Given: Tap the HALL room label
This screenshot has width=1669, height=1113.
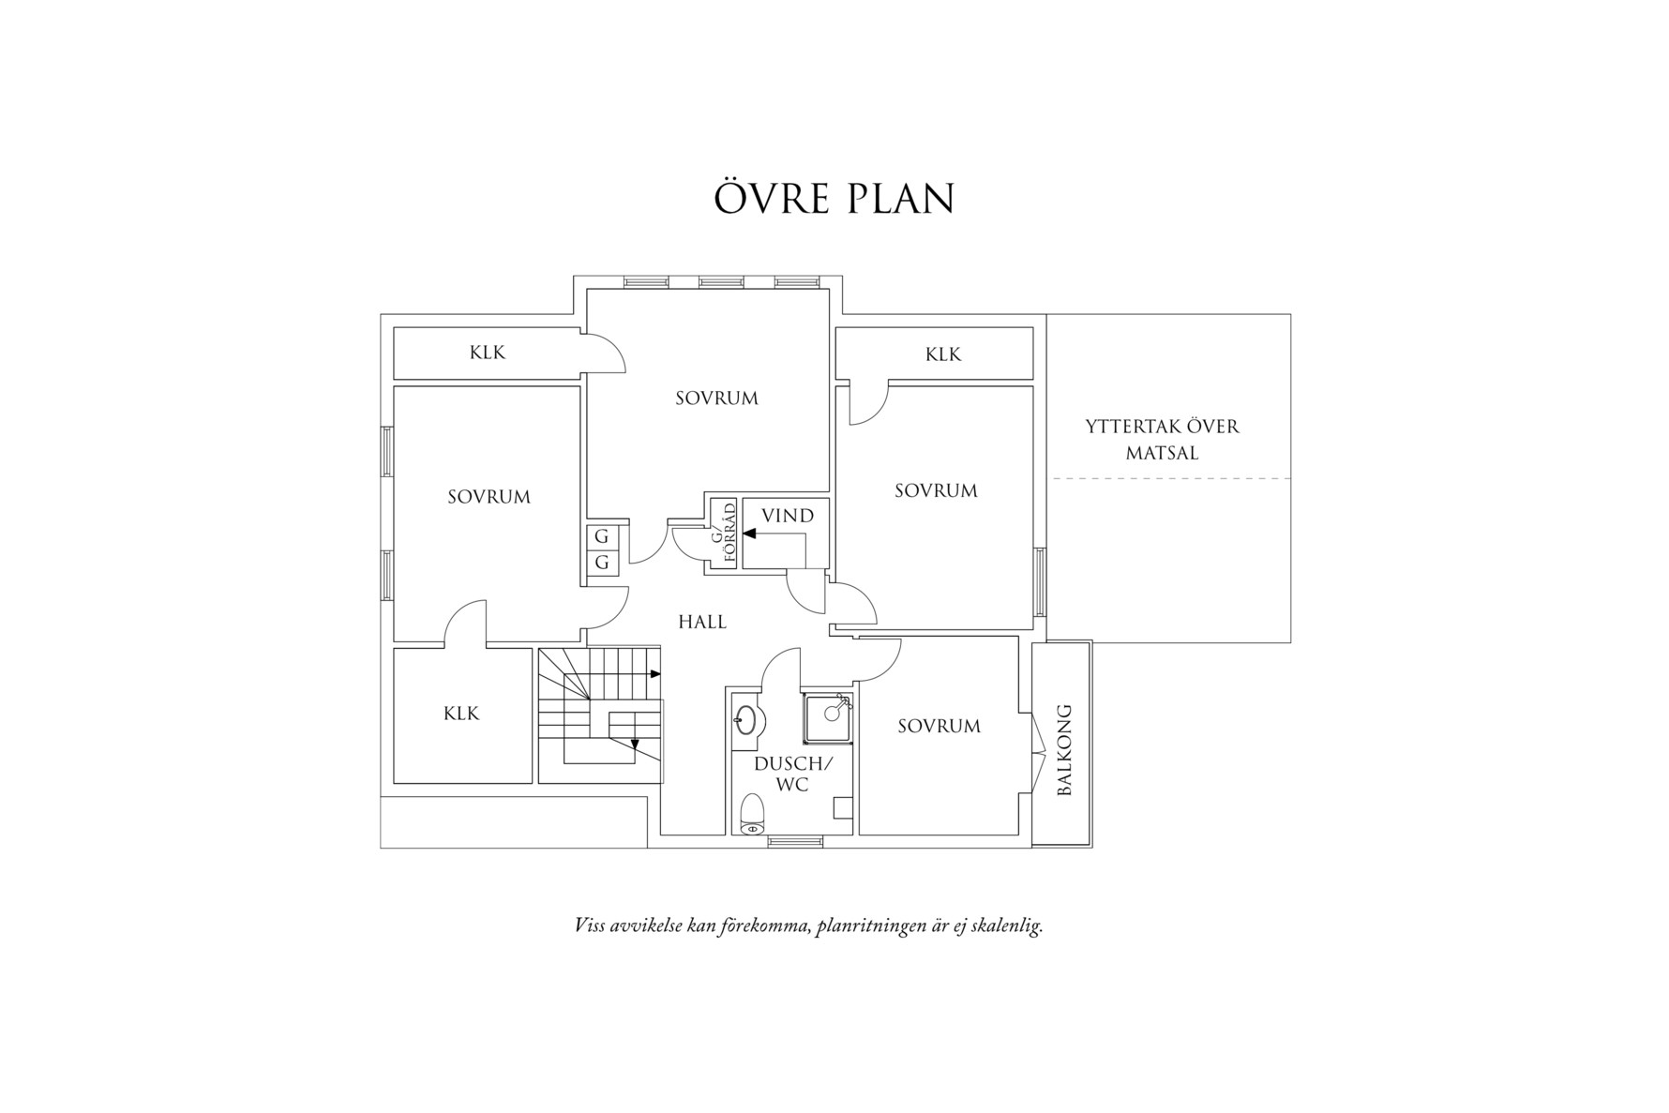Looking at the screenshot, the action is click(x=702, y=622).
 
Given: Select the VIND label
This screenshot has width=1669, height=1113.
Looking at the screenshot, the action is click(x=788, y=516).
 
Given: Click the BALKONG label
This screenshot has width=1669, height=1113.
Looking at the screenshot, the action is click(x=1063, y=750).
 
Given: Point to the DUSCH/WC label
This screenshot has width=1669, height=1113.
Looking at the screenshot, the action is click(x=793, y=775).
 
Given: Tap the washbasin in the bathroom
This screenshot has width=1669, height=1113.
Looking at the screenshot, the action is click(x=748, y=720).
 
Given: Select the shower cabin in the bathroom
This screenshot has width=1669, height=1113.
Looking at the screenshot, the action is click(x=828, y=718).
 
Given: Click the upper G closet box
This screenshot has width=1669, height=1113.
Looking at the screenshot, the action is click(x=602, y=537).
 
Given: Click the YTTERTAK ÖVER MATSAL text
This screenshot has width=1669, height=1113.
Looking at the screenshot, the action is click(x=1163, y=440).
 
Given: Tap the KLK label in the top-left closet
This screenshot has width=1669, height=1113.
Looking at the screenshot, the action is click(x=488, y=353).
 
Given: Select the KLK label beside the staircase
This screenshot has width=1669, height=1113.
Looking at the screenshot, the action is click(x=461, y=714).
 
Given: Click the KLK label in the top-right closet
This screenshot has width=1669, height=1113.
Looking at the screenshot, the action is click(x=943, y=354).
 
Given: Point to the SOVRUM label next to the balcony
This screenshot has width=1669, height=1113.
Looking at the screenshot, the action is click(x=940, y=726).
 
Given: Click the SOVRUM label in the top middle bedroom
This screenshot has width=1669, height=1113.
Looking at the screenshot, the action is click(x=717, y=399).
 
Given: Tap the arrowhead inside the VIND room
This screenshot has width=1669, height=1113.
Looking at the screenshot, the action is click(x=749, y=534).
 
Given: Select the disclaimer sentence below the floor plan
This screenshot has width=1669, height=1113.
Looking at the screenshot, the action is click(x=808, y=926).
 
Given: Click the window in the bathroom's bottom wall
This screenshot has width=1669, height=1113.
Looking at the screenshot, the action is click(x=795, y=841).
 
